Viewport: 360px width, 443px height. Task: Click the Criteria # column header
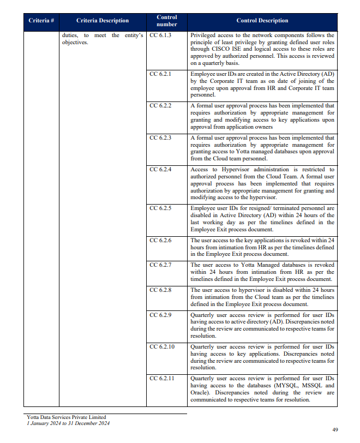coord(41,21)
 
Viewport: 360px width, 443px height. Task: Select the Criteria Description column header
coord(103,21)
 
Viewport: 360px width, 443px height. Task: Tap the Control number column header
coord(166,21)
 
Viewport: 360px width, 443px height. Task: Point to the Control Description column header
coord(262,21)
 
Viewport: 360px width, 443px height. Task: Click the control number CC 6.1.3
coord(160,35)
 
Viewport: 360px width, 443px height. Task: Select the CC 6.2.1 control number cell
coord(160,73)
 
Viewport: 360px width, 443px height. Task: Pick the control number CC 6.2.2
coord(160,105)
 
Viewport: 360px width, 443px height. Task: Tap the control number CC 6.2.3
coord(160,138)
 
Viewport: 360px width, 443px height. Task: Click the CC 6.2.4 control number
coord(160,170)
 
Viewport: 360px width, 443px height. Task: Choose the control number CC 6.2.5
coord(160,208)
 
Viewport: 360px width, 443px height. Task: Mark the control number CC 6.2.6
coord(160,240)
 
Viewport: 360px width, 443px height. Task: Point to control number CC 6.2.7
coord(160,265)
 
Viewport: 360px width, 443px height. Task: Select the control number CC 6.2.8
coord(160,290)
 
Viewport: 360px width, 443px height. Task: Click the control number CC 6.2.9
coord(160,315)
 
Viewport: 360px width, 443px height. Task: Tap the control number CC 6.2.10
coord(162,346)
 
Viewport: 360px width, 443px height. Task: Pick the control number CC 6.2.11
coord(162,378)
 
